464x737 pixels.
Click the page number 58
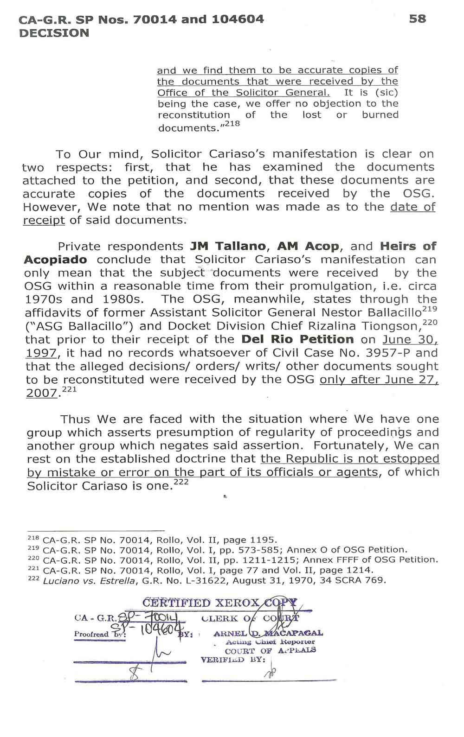click(x=418, y=19)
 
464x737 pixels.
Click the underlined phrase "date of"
click(x=412, y=207)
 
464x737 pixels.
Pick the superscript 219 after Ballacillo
click(x=430, y=308)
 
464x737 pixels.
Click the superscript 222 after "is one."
click(x=180, y=483)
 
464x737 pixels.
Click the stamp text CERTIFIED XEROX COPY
click(x=218, y=604)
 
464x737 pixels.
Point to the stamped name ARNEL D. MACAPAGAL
click(x=268, y=634)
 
